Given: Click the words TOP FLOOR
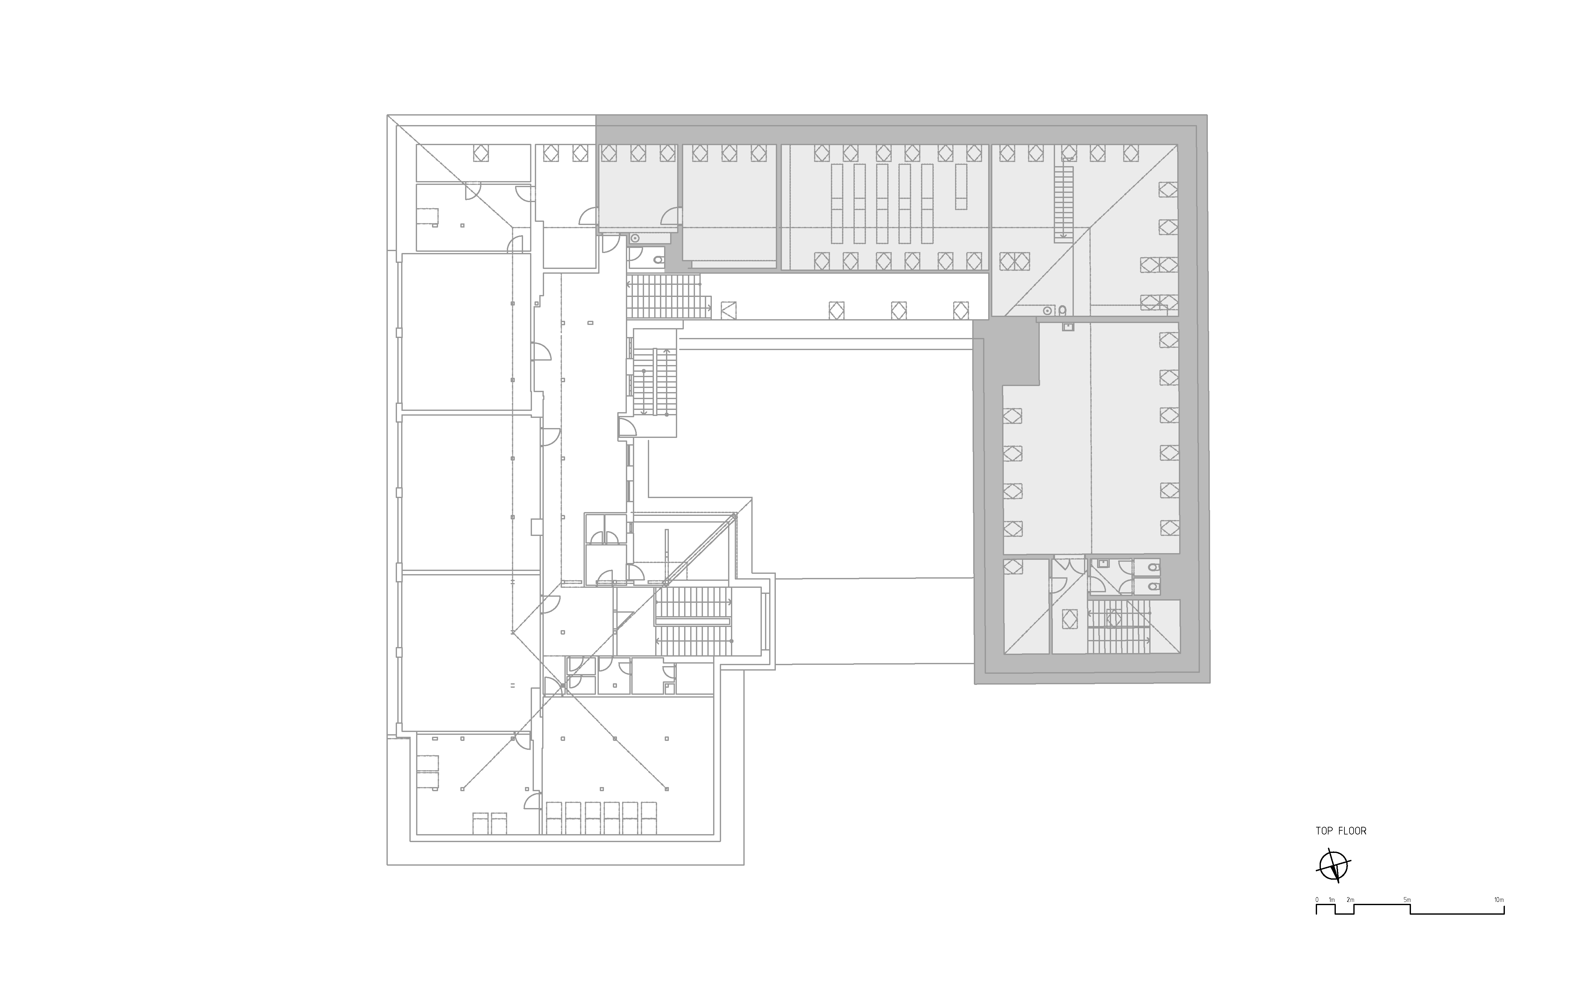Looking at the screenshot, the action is tap(1341, 831).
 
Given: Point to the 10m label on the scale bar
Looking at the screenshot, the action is tap(1499, 900).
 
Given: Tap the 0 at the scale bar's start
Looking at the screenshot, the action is tap(1317, 900).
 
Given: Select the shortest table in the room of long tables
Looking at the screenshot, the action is tap(961, 187).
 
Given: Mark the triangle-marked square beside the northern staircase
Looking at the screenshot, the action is tap(728, 310).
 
